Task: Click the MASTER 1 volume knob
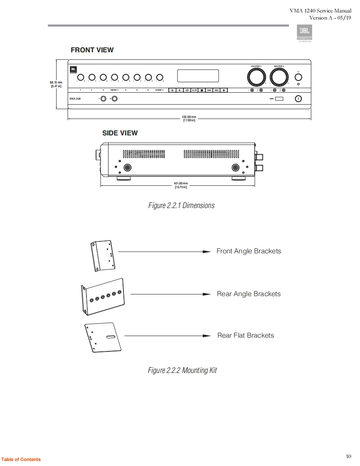[256, 77]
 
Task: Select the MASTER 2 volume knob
[279, 77]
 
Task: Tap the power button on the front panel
[298, 77]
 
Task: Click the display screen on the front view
[198, 76]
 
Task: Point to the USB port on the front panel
[279, 99]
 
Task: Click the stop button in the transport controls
[202, 90]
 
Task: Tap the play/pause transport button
[194, 90]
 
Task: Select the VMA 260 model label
[75, 99]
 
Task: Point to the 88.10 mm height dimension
[56, 84]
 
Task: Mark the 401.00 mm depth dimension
[181, 185]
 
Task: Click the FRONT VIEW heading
[92, 50]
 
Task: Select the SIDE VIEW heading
[120, 133]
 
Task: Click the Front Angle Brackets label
[249, 251]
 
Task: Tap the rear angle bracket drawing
[103, 297]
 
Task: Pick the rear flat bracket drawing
[104, 337]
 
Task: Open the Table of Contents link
[21, 459]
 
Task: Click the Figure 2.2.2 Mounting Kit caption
[182, 370]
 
